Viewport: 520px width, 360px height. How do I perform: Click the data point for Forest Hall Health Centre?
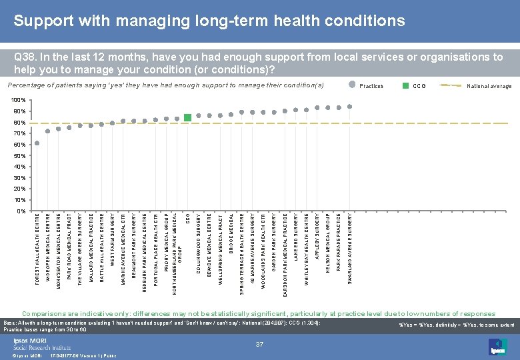[37, 143]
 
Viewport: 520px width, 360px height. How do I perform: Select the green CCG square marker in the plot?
[188, 117]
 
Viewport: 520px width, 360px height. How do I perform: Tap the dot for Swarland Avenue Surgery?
[349, 107]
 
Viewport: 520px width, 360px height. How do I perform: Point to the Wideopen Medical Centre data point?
[48, 131]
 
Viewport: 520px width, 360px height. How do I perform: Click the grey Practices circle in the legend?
[352, 85]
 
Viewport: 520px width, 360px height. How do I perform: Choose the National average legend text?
[489, 86]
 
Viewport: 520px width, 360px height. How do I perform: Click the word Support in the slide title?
[43, 21]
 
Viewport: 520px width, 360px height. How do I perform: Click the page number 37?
[261, 343]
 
